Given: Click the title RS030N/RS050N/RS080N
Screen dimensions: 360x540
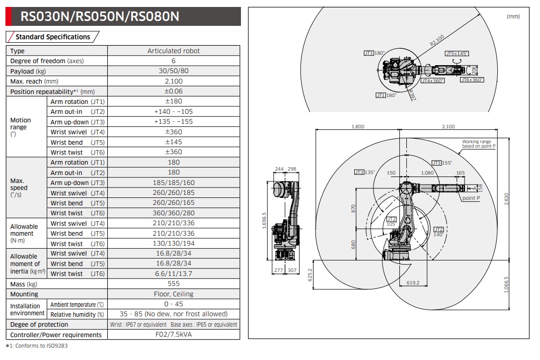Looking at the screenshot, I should point(99,17).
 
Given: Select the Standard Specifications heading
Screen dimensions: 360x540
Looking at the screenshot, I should point(53,37).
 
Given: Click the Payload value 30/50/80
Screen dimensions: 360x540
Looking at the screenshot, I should point(173,71).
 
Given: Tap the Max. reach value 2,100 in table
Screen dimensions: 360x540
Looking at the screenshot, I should point(173,81).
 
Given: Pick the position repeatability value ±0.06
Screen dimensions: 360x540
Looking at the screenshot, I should point(173,91).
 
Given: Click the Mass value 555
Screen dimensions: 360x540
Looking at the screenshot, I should point(173,284).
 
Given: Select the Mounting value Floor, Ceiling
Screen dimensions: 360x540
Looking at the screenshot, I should point(173,294).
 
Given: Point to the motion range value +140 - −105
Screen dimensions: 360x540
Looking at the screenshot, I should point(173,112).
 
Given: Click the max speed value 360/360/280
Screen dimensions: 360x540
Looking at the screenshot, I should point(173,213).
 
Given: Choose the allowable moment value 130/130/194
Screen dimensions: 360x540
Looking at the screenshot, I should point(173,244).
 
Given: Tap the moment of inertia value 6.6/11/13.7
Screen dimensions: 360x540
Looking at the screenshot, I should point(173,274).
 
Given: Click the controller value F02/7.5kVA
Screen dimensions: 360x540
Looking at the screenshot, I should point(173,334).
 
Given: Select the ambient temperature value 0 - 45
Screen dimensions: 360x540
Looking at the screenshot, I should point(173,304).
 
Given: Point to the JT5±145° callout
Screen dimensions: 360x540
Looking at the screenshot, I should point(457,54).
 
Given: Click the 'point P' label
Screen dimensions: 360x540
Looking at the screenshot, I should point(471,198).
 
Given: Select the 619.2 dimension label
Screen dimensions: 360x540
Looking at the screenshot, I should point(413,282).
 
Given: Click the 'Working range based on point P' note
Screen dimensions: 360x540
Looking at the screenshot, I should point(478,144).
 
